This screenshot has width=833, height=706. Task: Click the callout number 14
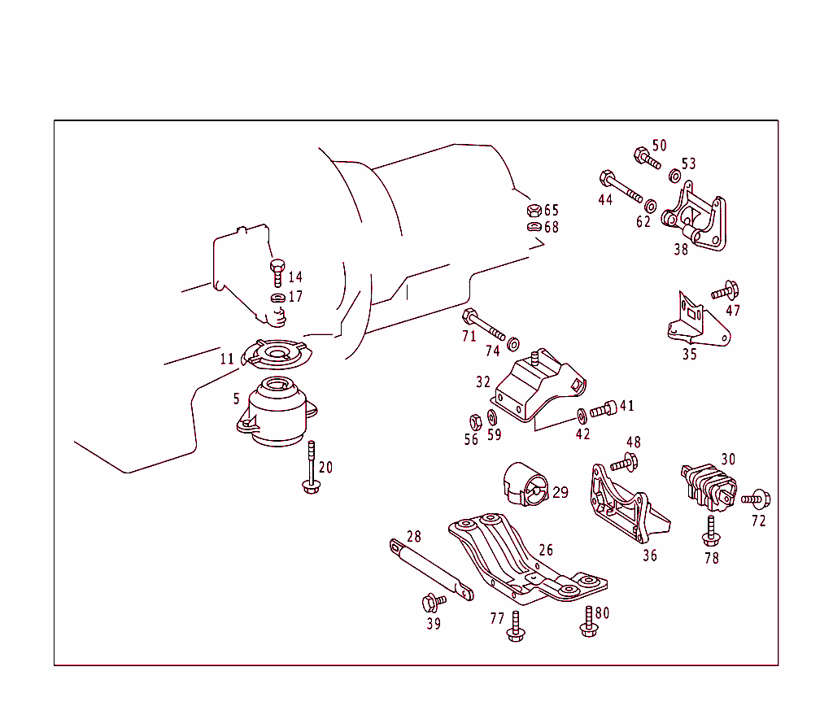(x=294, y=277)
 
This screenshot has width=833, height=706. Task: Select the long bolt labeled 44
(x=621, y=186)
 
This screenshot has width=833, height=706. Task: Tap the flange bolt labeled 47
(x=724, y=290)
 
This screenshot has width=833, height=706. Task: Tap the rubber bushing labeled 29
(x=526, y=484)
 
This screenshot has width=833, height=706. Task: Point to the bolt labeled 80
(x=589, y=620)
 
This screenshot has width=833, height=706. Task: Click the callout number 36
(x=649, y=556)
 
